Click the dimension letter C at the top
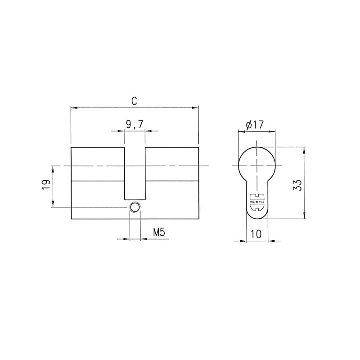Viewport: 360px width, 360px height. [134, 101]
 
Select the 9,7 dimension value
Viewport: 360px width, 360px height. [134, 125]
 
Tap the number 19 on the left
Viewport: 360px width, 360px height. [45, 185]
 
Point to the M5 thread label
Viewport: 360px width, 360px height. [158, 233]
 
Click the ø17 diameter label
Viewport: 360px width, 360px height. [254, 125]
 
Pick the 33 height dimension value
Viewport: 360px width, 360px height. [297, 184]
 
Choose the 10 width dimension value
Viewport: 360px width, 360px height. [256, 234]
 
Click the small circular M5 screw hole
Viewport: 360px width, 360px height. [135, 207]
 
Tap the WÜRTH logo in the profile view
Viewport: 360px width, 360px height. [256, 202]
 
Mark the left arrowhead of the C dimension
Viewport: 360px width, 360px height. [74, 108]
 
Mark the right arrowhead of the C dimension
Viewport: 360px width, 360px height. [195, 108]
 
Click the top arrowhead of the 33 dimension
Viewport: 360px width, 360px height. [305, 150]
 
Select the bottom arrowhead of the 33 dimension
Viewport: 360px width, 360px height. [305, 216]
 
